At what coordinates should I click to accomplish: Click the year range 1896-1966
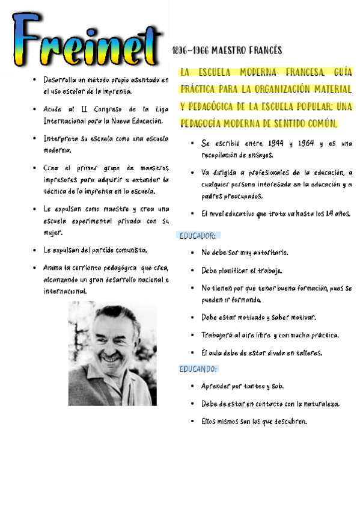[190, 51]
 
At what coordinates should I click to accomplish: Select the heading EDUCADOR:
[198, 235]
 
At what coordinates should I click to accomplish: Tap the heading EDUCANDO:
[198, 369]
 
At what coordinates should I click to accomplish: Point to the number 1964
[308, 144]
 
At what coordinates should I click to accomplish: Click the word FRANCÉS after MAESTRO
[263, 51]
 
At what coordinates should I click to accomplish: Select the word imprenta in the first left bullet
[117, 91]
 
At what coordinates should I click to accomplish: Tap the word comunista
[128, 250]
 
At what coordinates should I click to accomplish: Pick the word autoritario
[268, 253]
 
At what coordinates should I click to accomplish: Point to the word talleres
[306, 352]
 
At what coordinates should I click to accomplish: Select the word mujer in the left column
[53, 232]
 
